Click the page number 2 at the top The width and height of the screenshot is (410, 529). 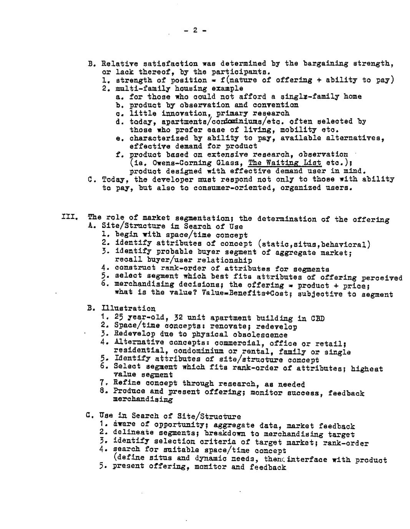pos(195,30)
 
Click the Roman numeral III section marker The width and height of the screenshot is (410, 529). pos(70,217)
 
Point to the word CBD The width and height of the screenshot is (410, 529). pos(317,318)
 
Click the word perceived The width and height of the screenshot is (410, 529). pos(382,278)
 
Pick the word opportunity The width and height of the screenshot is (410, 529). pos(179,425)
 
